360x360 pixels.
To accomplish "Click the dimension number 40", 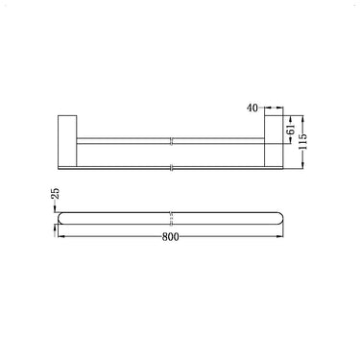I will (x=253, y=109).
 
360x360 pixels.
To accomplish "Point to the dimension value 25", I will (x=56, y=198).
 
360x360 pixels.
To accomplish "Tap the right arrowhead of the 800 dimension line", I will (x=286, y=242).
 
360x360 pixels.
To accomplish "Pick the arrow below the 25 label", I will (x=56, y=218).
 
